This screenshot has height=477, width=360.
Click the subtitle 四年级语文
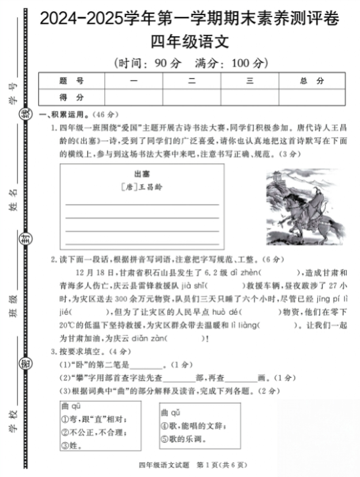(x=190, y=42)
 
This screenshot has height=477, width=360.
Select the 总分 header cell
(x=311, y=81)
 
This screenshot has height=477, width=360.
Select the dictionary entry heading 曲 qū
(x=71, y=406)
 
